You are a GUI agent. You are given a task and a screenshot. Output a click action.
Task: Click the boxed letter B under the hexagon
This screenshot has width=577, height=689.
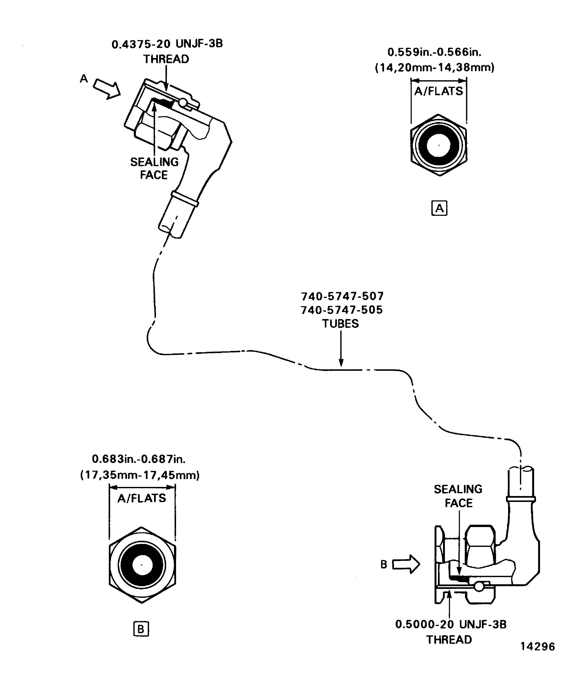tap(141, 629)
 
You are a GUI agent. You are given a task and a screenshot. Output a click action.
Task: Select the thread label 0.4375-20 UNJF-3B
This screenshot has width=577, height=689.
tap(167, 44)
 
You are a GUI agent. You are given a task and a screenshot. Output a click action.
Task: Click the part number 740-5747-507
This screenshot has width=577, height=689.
tap(342, 296)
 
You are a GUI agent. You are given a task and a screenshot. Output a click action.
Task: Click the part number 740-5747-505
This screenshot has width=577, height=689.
tap(342, 310)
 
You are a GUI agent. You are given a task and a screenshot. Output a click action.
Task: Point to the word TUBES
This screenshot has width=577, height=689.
tap(340, 323)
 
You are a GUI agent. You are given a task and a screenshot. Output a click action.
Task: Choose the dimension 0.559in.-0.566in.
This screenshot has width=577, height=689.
tap(434, 52)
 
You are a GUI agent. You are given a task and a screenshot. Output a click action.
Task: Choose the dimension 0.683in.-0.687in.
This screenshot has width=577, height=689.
tap(139, 459)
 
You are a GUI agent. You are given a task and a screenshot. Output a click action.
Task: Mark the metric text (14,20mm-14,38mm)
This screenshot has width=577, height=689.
tap(435, 68)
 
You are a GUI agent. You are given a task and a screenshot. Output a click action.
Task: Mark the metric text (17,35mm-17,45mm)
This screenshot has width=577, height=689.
tap(140, 475)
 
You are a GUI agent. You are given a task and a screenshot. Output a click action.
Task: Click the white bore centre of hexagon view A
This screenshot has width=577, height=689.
tap(439, 145)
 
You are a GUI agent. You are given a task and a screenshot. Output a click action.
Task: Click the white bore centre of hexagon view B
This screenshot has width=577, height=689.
tap(142, 565)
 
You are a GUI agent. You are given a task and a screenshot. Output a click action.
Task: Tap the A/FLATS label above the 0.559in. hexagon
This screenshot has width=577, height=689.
tap(438, 91)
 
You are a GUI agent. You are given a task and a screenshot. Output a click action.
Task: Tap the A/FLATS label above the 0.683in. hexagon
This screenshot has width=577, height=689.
tap(142, 498)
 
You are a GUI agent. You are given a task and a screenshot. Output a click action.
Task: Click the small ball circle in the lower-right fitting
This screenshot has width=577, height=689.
tap(479, 586)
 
